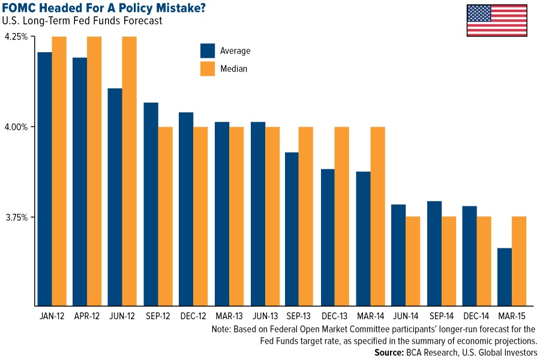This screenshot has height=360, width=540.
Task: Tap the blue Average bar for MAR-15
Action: (x=505, y=277)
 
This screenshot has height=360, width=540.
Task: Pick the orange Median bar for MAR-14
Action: (x=377, y=216)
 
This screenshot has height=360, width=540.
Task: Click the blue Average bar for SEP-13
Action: (x=292, y=229)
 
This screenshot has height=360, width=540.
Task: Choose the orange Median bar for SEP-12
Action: (x=165, y=216)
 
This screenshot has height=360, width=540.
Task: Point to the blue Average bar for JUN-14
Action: (x=398, y=255)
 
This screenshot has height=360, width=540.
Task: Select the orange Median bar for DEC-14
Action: (x=484, y=261)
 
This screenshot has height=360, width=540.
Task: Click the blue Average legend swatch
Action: (x=208, y=51)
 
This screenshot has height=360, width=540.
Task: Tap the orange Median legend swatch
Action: (x=208, y=68)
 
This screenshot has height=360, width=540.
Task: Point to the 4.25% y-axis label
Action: (x=16, y=37)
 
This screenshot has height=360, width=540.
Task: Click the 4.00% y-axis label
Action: (x=16, y=127)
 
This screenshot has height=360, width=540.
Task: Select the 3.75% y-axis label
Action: (x=16, y=217)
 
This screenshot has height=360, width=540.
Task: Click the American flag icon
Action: (x=496, y=21)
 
